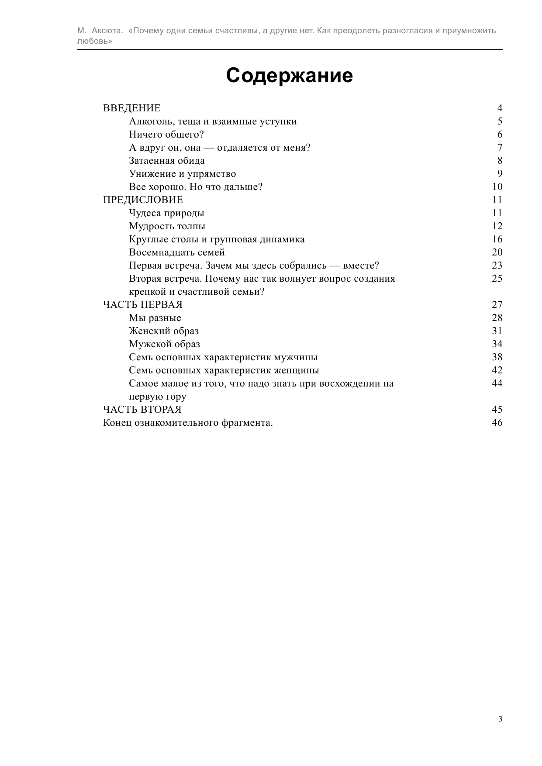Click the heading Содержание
click(289, 76)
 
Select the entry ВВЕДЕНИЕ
click(131, 108)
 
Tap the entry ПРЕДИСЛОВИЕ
click(143, 200)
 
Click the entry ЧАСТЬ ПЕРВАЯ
click(142, 305)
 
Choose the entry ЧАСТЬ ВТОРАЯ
click(142, 410)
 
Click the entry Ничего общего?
click(166, 135)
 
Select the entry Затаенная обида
click(167, 161)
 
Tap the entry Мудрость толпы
click(167, 226)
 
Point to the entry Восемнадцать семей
click(177, 252)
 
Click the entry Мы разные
click(155, 318)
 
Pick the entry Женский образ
click(164, 331)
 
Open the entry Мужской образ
click(165, 344)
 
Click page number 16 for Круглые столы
click(497, 239)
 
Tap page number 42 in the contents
click(497, 370)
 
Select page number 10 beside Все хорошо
click(497, 187)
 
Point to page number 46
click(497, 423)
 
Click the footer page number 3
click(500, 719)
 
